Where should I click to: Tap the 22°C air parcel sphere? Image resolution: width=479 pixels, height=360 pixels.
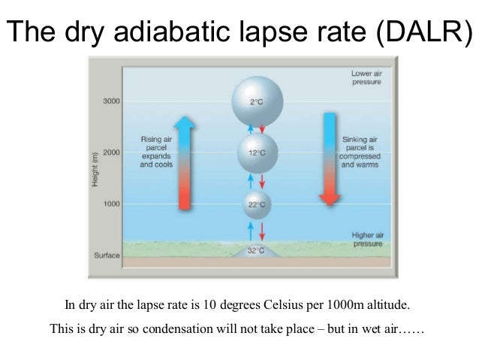[257, 204]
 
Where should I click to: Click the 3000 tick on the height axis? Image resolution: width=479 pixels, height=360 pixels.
[113, 101]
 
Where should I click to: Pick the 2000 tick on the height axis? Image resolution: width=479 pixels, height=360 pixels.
[113, 153]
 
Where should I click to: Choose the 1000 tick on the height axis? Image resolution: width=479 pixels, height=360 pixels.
[113, 204]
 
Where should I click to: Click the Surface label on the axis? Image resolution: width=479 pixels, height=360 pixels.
[107, 255]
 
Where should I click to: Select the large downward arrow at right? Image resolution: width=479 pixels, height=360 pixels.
[329, 158]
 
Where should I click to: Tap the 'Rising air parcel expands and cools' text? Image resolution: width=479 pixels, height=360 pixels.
[156, 152]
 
